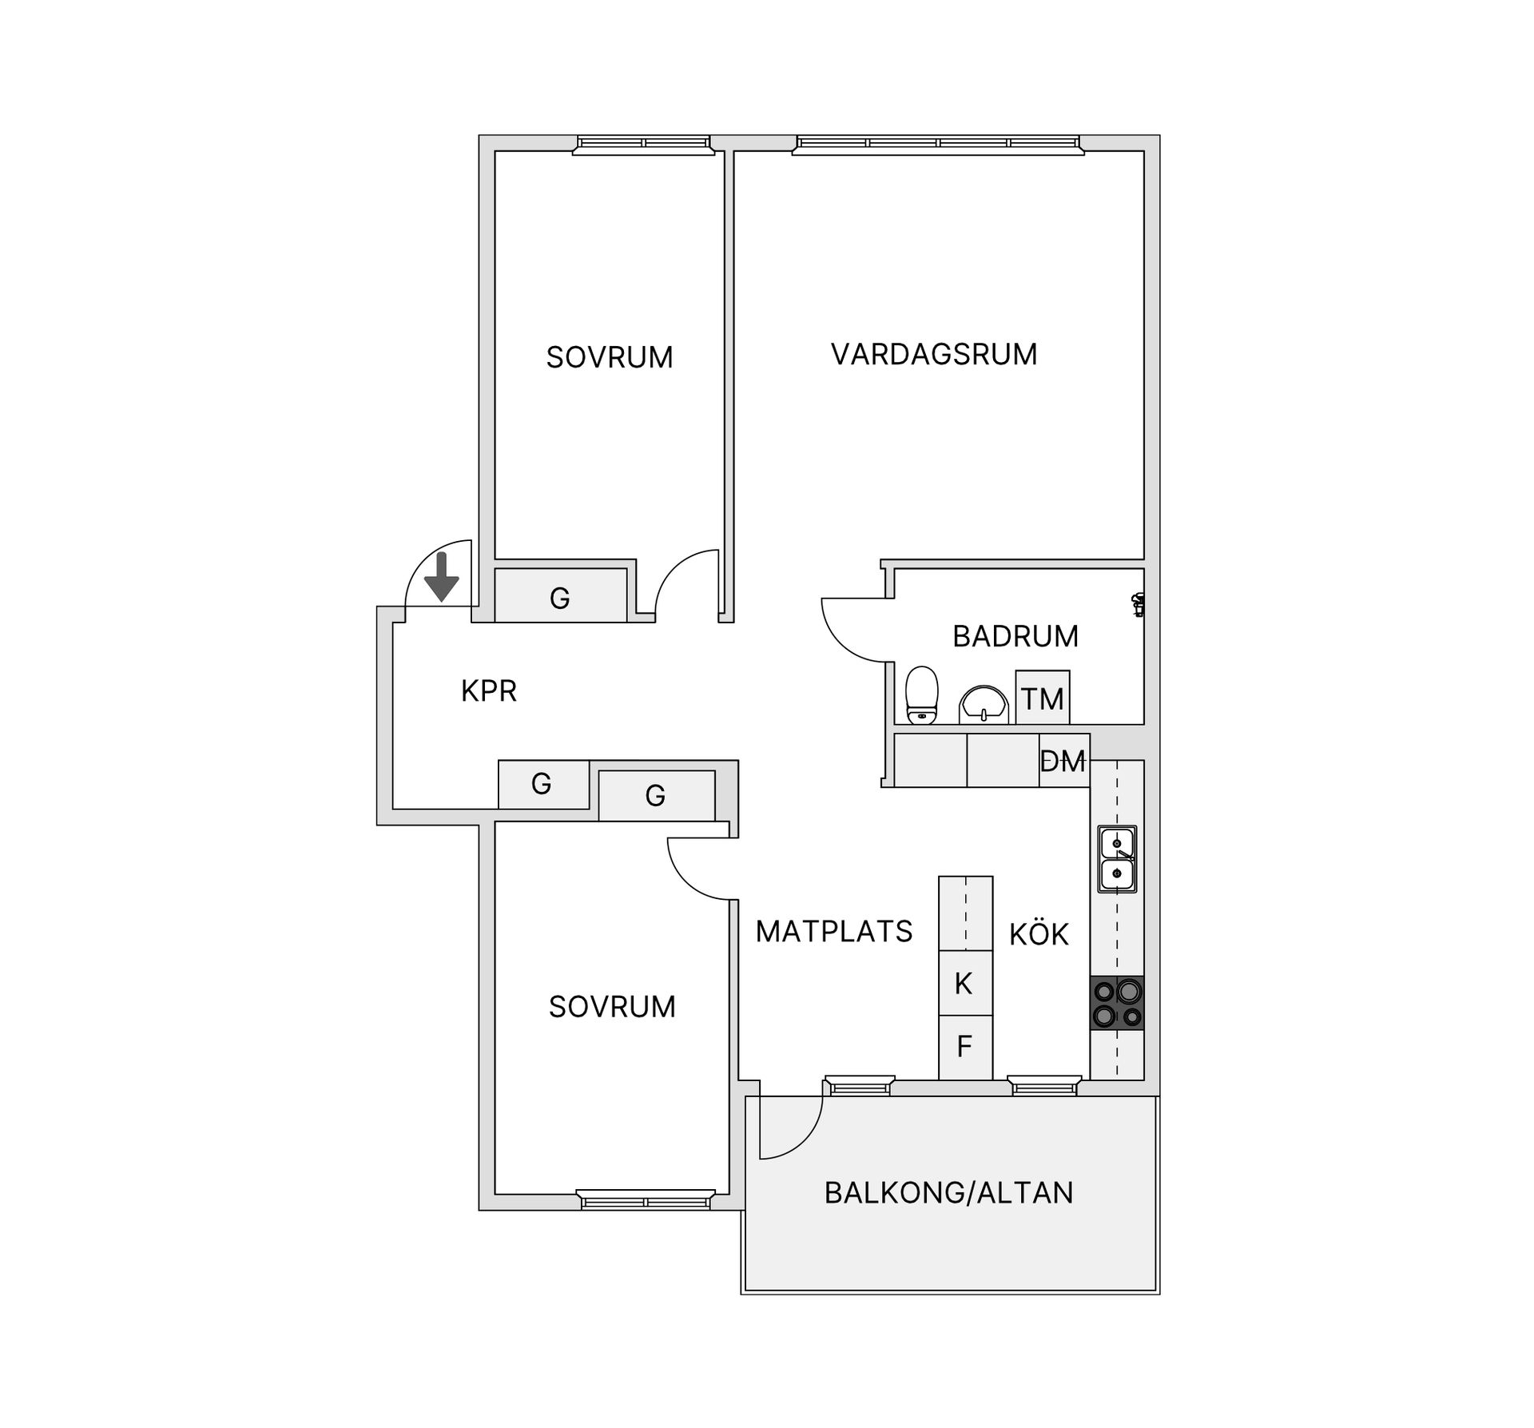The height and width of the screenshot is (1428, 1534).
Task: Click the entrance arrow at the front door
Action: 441,576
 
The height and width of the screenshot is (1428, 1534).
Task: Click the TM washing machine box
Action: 1042,698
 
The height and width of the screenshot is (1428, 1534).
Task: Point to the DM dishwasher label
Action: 1063,762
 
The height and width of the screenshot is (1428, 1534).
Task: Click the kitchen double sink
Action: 1117,859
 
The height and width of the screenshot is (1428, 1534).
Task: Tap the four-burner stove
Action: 1117,1003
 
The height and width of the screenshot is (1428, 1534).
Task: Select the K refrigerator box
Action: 965,983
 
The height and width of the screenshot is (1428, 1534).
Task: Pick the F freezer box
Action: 965,1048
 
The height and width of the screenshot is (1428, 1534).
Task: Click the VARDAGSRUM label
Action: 934,354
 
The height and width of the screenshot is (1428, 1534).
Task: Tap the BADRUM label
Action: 1015,636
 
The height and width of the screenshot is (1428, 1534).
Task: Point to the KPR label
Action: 489,690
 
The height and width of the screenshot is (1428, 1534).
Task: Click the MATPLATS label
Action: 834,932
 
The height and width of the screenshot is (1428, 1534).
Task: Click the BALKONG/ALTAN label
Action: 949,1193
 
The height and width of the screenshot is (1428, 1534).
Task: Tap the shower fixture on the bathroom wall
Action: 1139,605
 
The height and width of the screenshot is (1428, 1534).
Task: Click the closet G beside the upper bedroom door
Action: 560,595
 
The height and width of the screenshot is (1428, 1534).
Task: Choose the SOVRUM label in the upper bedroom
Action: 610,357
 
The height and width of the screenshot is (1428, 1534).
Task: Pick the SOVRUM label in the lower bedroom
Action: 612,1007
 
